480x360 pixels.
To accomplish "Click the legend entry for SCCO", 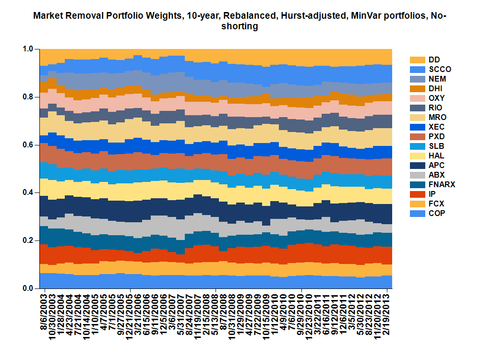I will tap(440, 69).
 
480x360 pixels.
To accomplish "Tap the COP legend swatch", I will tap(417, 213).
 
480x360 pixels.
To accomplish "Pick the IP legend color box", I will tap(417, 194).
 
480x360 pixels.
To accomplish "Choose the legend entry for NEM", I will tap(437, 79).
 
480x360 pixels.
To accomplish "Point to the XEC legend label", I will tap(437, 127).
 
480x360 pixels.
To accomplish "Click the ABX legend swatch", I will tap(417, 175).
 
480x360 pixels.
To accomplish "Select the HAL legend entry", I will tap(436, 156).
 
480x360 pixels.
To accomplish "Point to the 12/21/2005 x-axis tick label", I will tap(130, 314).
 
